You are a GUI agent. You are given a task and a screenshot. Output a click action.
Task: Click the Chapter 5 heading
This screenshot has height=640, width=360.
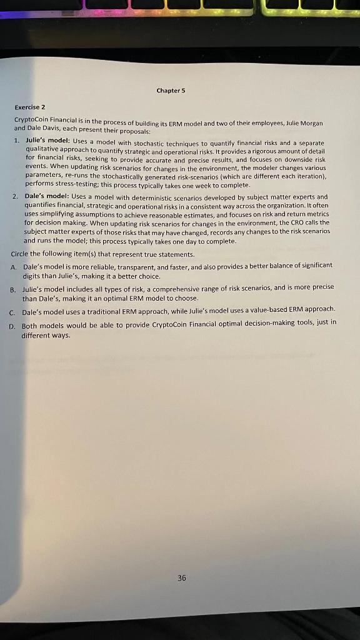point(171,90)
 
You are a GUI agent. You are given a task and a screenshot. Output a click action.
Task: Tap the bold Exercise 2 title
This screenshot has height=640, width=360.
point(29,107)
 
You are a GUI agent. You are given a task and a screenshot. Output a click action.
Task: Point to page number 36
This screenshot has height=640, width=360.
point(181,578)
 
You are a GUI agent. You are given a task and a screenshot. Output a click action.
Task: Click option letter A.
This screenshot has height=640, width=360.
point(14,266)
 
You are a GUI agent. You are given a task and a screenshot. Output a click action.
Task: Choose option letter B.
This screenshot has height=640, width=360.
point(12,289)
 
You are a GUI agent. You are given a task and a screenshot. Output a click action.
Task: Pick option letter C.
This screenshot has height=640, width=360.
point(12,311)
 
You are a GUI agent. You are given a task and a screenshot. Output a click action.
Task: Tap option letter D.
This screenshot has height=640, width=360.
point(12,326)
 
